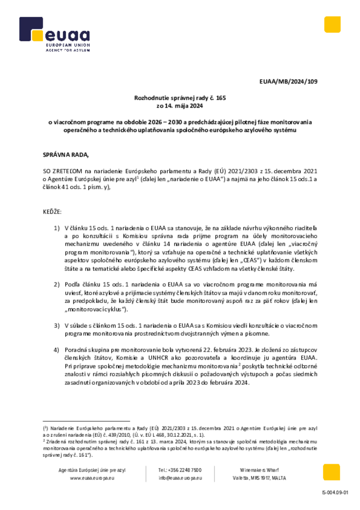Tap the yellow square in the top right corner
332,24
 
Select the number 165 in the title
221,98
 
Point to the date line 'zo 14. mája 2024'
180,106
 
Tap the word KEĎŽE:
52,212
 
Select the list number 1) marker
57,228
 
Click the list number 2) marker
57,284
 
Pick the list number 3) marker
57,325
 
